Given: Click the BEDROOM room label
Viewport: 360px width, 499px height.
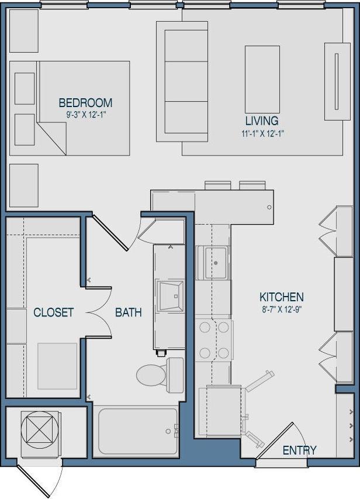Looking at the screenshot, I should tap(85, 103).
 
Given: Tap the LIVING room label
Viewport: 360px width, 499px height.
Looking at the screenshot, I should tap(261, 121).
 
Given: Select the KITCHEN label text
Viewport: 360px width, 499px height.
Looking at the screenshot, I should tap(282, 297).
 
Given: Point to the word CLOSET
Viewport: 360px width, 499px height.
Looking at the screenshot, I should tap(54, 312).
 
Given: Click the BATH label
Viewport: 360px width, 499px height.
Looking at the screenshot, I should tap(128, 312).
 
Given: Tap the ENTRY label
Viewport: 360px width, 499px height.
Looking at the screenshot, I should tap(299, 450).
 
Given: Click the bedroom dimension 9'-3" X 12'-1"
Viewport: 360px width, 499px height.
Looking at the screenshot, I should tap(85, 115).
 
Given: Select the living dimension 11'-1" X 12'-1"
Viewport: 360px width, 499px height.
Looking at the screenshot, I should tap(261, 133).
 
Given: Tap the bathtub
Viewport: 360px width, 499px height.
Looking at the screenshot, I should tap(138, 431).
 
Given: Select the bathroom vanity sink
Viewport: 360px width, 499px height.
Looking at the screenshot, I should tap(171, 296).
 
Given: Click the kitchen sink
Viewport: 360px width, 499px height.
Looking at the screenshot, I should tap(214, 263).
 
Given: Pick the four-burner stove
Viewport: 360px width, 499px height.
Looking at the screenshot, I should tap(213, 340).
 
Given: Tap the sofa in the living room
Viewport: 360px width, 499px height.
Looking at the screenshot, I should tap(183, 81).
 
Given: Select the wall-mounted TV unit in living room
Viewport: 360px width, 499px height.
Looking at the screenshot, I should tap(337, 81).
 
